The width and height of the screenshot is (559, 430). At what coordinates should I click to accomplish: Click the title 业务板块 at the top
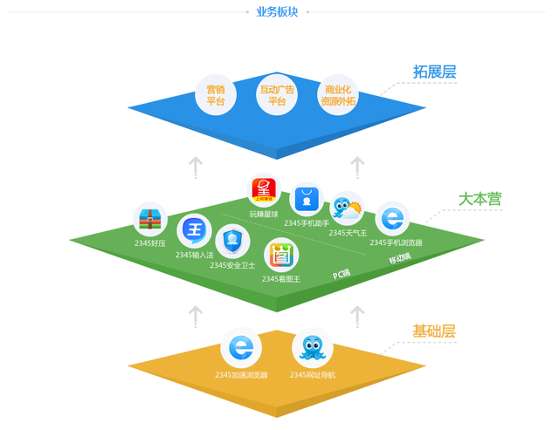[277, 11]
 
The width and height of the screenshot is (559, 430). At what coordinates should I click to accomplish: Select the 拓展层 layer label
[434, 72]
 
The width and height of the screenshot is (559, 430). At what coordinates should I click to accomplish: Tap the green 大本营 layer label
[480, 199]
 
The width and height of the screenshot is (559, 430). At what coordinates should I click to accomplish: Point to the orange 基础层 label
[434, 331]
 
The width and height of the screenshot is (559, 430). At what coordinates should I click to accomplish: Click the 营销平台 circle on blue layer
[216, 95]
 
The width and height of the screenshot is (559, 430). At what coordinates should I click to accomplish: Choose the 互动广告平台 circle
[277, 95]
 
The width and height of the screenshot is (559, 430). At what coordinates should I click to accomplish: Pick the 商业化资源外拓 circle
[338, 95]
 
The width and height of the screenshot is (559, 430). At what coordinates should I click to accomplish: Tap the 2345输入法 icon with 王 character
[194, 232]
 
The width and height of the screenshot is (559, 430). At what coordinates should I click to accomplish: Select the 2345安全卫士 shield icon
[232, 240]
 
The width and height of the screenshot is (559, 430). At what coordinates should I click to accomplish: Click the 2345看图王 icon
[281, 255]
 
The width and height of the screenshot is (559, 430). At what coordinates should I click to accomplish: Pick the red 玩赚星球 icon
[264, 191]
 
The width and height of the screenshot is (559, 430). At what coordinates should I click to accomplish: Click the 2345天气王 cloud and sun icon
[347, 209]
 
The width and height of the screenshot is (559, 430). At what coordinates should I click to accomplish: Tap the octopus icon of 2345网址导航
[312, 349]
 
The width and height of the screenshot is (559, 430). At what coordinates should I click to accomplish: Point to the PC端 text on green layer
[342, 274]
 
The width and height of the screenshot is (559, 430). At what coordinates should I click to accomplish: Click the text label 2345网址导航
[312, 375]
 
